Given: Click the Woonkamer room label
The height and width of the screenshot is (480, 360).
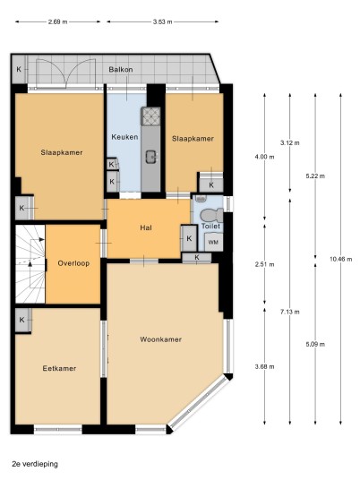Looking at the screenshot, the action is [160, 339].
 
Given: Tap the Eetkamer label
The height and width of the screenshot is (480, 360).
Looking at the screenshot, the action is [59, 368].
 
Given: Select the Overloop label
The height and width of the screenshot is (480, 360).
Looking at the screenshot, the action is [73, 263].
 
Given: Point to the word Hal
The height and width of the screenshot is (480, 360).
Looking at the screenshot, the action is [146, 227].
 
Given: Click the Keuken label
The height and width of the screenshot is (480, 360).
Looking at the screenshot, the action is [124, 137].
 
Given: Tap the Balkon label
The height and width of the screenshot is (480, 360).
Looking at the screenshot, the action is [121, 70].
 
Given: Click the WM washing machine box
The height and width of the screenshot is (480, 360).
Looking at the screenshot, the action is [213, 242].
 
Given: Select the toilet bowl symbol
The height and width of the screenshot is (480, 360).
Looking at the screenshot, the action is [211, 215].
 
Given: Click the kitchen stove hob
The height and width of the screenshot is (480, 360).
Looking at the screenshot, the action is [150, 116].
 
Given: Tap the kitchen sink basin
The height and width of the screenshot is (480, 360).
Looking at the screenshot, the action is [151, 157].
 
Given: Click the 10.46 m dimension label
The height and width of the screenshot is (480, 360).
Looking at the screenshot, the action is [340, 260].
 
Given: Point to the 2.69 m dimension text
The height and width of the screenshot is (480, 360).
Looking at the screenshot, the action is [57, 21].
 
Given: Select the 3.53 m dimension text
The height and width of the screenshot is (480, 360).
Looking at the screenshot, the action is [163, 21].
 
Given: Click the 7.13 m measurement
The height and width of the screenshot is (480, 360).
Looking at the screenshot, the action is [290, 312].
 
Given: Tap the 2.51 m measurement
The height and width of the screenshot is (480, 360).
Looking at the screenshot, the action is [265, 264].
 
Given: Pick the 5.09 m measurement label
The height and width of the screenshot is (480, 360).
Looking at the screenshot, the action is [315, 345].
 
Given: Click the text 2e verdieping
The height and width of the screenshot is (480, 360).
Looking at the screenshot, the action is [35, 464].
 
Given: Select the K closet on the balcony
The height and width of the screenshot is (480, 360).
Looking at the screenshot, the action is [19, 69].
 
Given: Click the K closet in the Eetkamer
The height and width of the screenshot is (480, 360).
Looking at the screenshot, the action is [22, 320].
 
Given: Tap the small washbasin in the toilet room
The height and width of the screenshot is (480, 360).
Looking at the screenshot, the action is [200, 199].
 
